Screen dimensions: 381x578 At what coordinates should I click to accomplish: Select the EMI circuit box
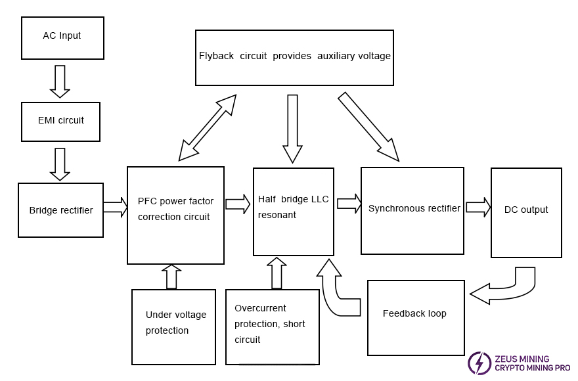[60, 121]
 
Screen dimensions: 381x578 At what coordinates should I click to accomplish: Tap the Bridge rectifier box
[61, 210]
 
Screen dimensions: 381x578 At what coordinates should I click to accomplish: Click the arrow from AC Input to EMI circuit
[60, 80]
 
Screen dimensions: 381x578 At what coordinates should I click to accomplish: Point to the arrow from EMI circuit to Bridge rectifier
[60, 164]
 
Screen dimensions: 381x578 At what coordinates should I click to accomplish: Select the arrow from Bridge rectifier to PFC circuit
[115, 208]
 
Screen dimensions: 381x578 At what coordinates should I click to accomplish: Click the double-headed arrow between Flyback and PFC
[206, 127]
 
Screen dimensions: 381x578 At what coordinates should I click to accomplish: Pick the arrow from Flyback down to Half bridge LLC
[293, 128]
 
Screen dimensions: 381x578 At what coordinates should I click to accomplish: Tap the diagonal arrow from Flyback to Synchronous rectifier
[368, 126]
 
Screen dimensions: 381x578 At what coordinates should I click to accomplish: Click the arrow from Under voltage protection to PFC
[171, 277]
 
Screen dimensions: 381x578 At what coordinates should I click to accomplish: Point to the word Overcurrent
[261, 308]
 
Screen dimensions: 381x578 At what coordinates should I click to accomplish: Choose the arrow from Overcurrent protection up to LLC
[277, 273]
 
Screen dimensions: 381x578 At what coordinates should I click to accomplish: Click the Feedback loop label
[414, 313]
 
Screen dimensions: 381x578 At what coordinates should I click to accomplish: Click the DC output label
[526, 210]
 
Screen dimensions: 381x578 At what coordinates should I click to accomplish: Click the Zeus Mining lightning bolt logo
[479, 363]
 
